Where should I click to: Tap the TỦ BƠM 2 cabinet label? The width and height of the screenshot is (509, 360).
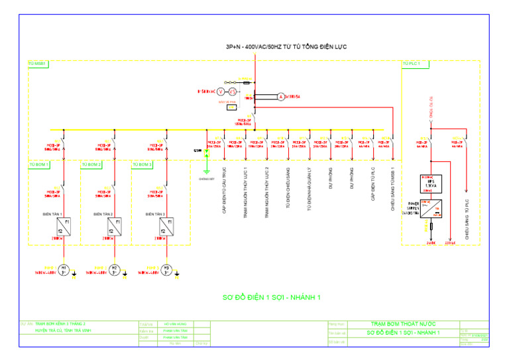[91, 163]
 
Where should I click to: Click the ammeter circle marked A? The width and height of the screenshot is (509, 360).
[280, 97]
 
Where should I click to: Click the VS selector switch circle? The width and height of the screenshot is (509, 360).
[233, 91]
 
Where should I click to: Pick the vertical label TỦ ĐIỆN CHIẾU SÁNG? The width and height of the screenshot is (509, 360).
[288, 188]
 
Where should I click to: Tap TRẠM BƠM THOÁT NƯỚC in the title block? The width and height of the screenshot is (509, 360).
[405, 324]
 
